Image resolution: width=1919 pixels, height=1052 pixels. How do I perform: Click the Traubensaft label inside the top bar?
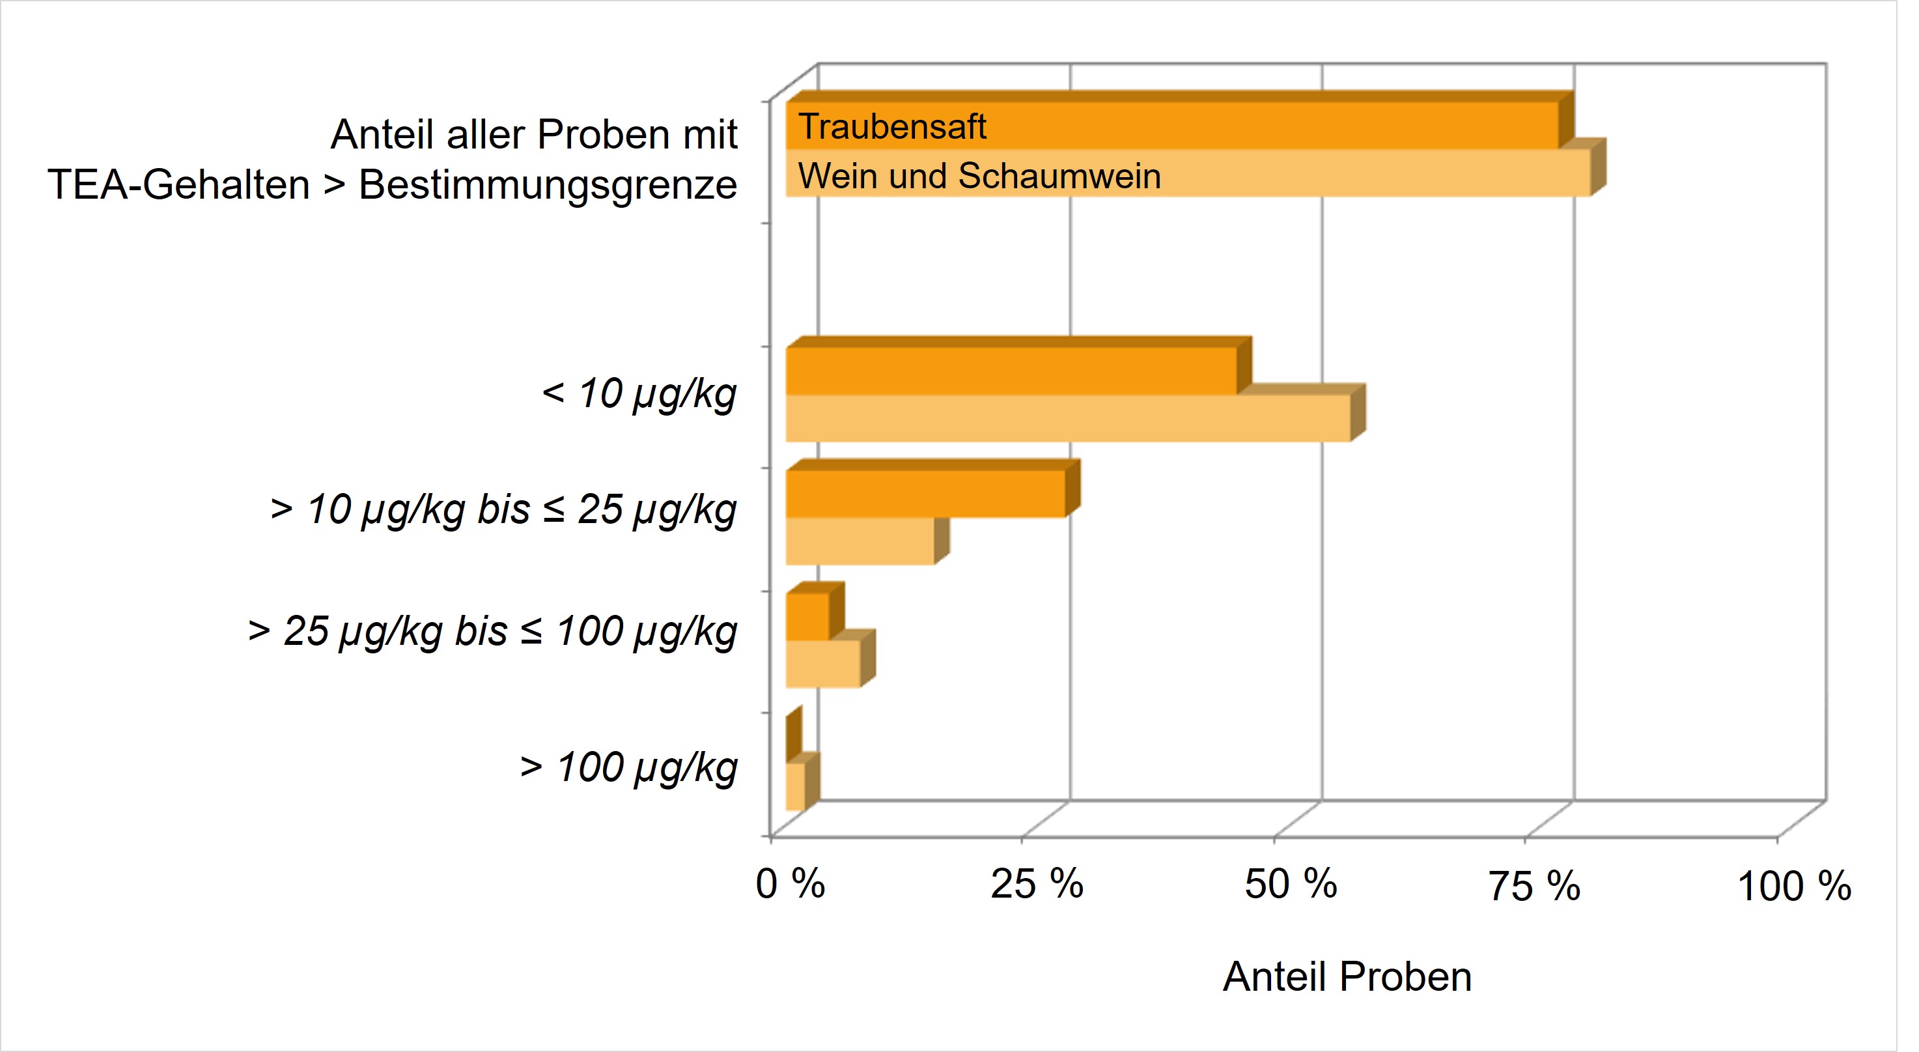click(891, 126)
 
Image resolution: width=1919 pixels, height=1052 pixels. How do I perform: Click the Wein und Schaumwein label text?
click(979, 177)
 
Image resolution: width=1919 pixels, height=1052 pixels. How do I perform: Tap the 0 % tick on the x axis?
click(790, 885)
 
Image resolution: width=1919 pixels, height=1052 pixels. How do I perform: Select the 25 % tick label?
click(1036, 885)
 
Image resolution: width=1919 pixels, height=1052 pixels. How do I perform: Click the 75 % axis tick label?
click(1534, 887)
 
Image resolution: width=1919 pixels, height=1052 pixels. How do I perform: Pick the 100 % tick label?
click(1793, 887)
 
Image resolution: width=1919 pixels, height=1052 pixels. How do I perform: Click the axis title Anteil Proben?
click(1347, 976)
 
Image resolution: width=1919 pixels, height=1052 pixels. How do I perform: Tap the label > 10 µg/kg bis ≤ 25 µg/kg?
click(503, 510)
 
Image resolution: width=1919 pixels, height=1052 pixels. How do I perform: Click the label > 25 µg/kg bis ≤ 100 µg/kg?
click(492, 632)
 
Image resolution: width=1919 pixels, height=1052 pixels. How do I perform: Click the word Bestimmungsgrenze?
click(548, 185)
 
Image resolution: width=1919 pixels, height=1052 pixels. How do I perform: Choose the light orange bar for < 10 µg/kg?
click(1067, 418)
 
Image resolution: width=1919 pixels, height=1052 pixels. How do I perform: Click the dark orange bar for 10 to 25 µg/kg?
click(925, 493)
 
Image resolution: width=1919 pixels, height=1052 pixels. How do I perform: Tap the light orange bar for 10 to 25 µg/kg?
click(860, 541)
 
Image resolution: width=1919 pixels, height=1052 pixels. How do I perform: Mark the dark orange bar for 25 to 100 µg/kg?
click(807, 616)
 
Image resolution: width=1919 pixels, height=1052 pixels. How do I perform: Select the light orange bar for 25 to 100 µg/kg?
click(822, 664)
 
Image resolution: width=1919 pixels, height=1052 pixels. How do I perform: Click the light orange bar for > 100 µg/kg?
click(795, 786)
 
